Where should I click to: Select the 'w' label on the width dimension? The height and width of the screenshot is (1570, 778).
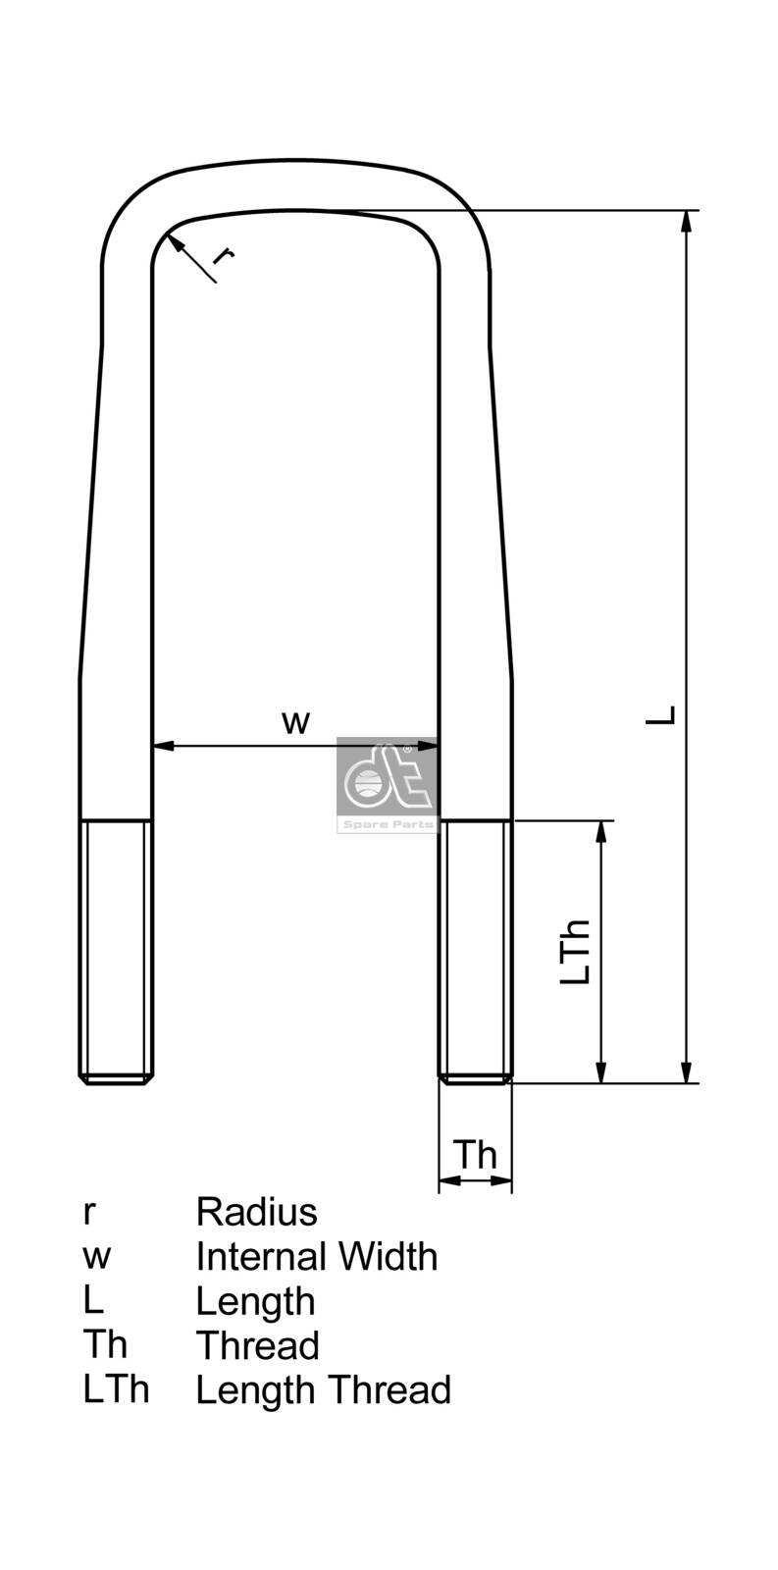295,722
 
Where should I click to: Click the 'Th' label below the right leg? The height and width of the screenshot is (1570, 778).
475,1154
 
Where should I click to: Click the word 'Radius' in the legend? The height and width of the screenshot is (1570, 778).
256,1212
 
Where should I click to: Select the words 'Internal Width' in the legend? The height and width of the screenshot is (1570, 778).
316,1256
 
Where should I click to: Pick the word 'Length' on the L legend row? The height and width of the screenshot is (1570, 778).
255,1301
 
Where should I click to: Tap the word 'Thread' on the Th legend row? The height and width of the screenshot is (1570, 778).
257,1345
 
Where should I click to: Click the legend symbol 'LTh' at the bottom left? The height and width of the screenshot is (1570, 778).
116,1389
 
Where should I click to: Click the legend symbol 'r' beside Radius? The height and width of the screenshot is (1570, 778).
89,1214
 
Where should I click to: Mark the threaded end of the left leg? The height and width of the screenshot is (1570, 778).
116,952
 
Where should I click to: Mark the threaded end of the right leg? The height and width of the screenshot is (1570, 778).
476,952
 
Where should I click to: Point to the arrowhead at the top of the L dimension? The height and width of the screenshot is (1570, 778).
688,222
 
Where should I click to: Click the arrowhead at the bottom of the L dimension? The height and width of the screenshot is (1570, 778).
688,1073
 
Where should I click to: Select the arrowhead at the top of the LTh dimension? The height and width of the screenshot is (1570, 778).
601,831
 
